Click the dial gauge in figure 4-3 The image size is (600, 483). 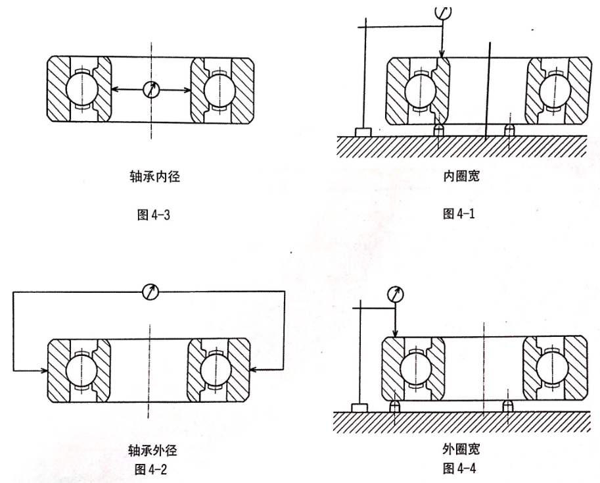(x=151, y=89)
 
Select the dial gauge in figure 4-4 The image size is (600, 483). (x=396, y=293)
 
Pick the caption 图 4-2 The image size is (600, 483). (x=152, y=468)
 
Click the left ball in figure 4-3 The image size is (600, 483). (x=81, y=89)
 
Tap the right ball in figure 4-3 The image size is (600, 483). (x=221, y=89)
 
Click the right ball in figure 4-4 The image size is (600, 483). (x=553, y=367)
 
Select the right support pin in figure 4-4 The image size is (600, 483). (x=507, y=406)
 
